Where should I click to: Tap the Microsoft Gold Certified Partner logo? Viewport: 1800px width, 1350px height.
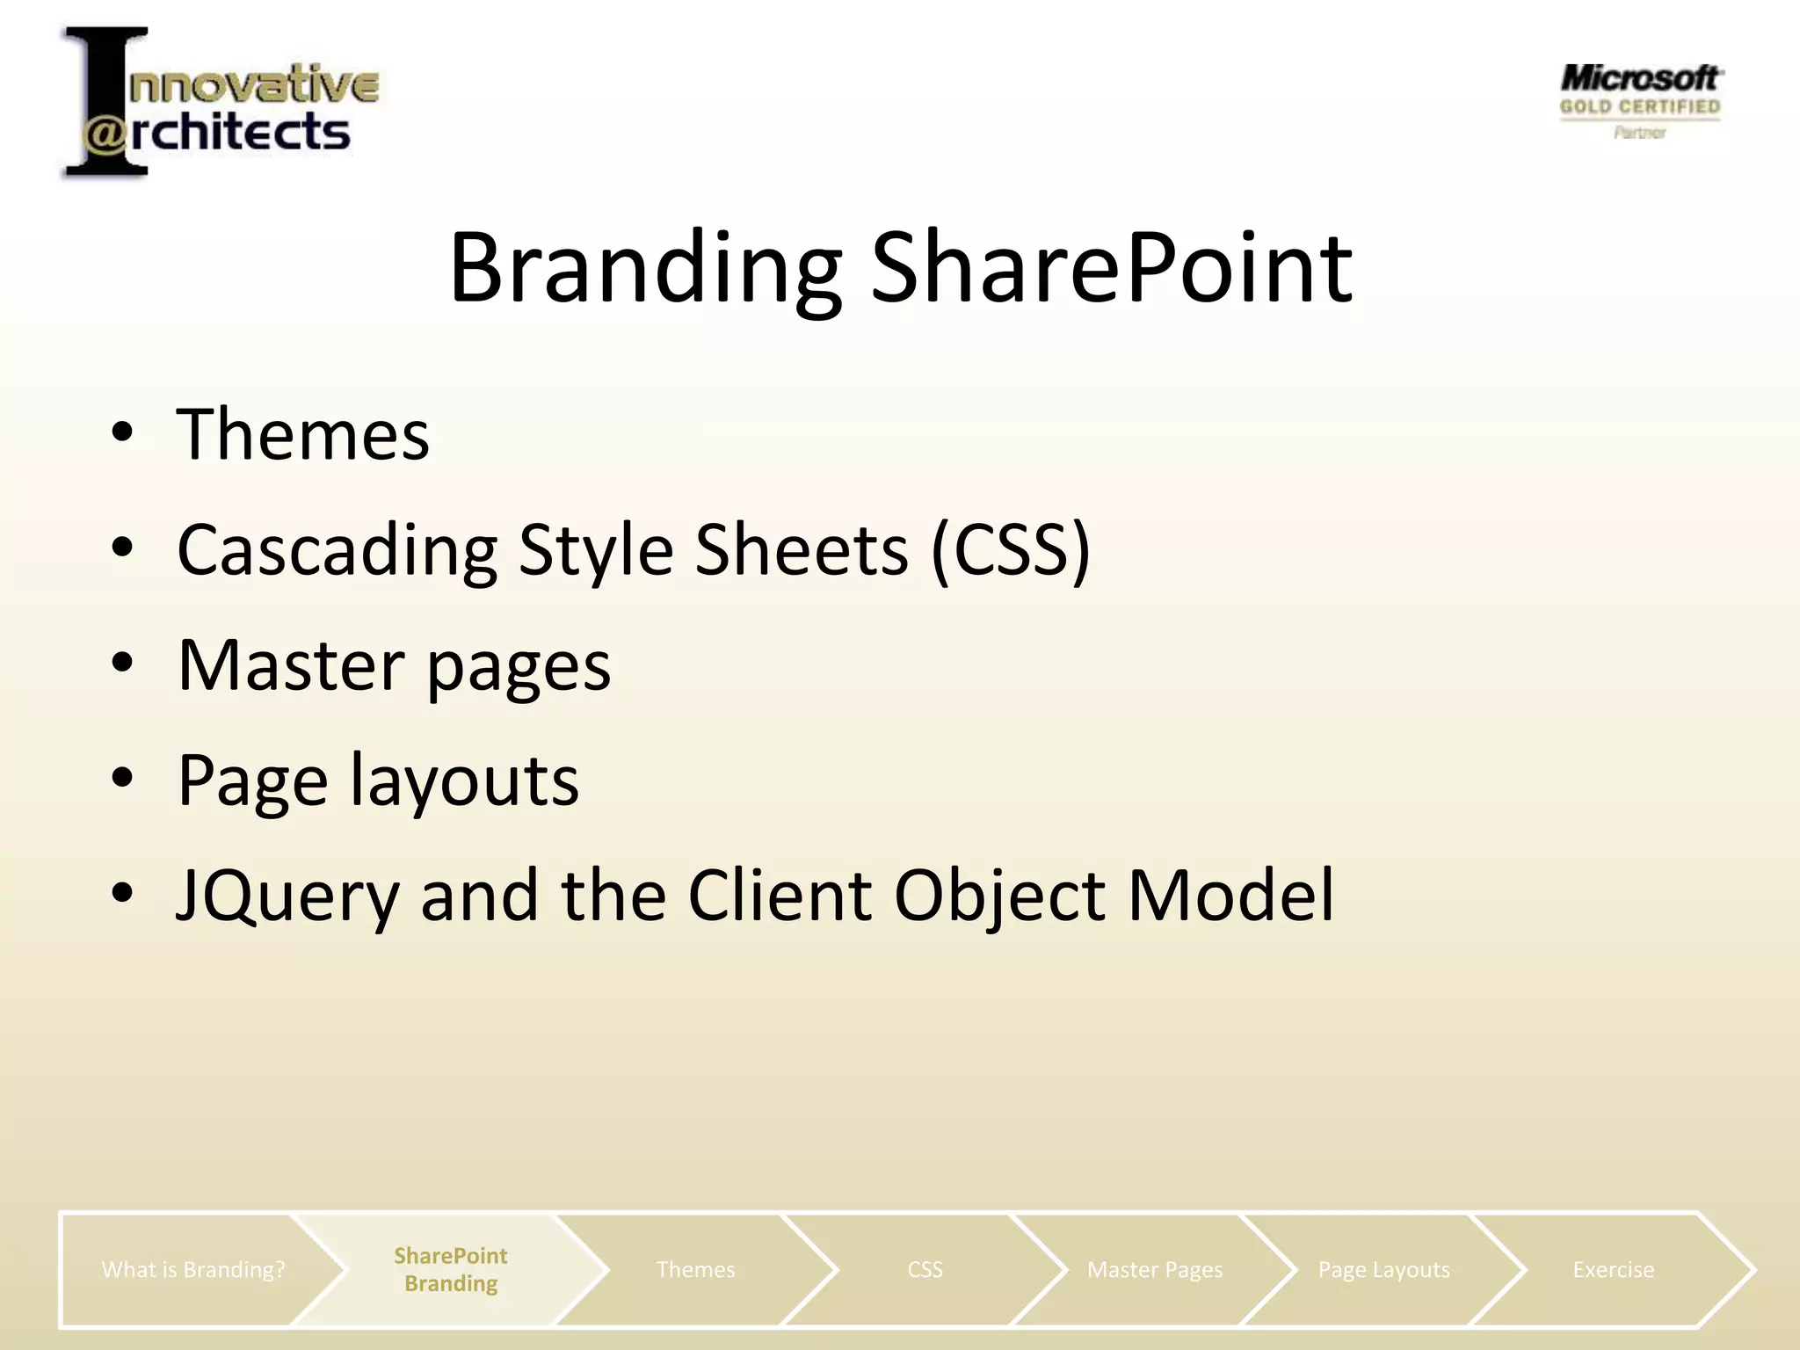[1640, 100]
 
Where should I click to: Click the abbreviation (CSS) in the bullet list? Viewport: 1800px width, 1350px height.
[1010, 551]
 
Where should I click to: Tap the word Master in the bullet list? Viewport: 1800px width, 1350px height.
[291, 665]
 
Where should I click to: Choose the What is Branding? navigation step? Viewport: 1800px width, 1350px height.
[193, 1269]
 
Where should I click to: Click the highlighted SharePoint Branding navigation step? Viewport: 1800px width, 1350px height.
[450, 1269]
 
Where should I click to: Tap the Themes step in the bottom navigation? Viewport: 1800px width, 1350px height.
[695, 1269]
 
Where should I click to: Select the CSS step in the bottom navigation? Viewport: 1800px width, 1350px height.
[925, 1269]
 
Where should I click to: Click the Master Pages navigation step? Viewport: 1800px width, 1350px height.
[1154, 1269]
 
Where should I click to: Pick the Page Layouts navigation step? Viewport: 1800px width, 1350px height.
[1383, 1269]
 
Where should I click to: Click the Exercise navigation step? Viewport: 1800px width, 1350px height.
[1613, 1269]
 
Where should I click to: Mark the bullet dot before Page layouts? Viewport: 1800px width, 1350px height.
[122, 777]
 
